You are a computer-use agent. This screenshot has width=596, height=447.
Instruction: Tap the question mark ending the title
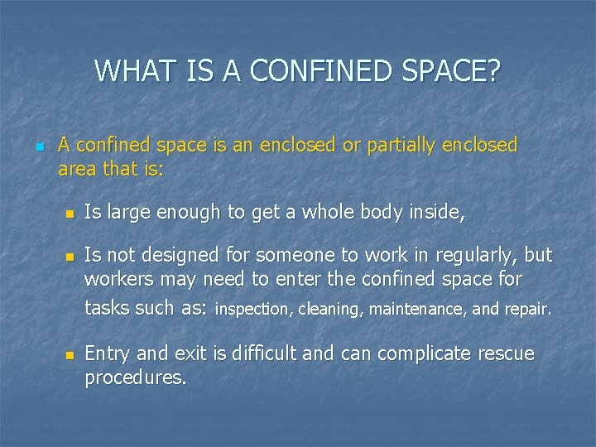(x=493, y=71)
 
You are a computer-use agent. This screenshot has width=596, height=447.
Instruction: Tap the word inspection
(x=249, y=310)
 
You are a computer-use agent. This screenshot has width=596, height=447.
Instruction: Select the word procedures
(x=135, y=378)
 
